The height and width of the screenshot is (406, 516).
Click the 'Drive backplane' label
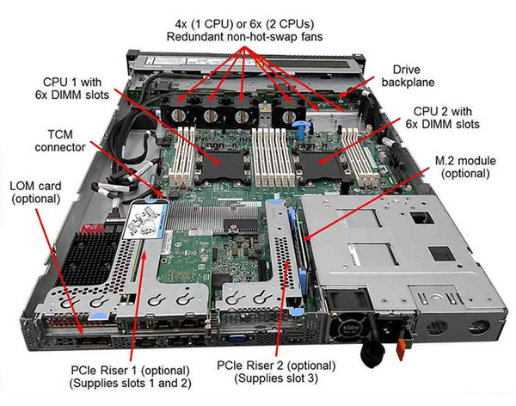click(x=408, y=76)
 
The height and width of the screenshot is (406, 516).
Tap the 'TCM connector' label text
click(x=60, y=141)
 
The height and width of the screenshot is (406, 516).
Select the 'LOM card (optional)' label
click(x=35, y=193)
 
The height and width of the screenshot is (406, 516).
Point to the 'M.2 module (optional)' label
click(x=465, y=167)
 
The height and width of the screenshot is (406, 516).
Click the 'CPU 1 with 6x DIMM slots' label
click(x=72, y=89)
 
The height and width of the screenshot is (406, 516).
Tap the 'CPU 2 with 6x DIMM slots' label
click(x=442, y=118)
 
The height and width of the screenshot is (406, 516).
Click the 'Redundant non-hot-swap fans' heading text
click(x=244, y=36)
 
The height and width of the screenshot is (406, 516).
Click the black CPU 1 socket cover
click(x=223, y=163)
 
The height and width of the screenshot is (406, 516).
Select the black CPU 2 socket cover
click(x=322, y=164)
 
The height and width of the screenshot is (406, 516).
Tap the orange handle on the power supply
click(x=401, y=349)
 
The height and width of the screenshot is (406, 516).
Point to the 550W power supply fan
click(x=349, y=328)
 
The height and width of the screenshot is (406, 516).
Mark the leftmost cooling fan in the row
click(x=178, y=114)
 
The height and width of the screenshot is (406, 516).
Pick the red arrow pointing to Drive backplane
click(x=357, y=87)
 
